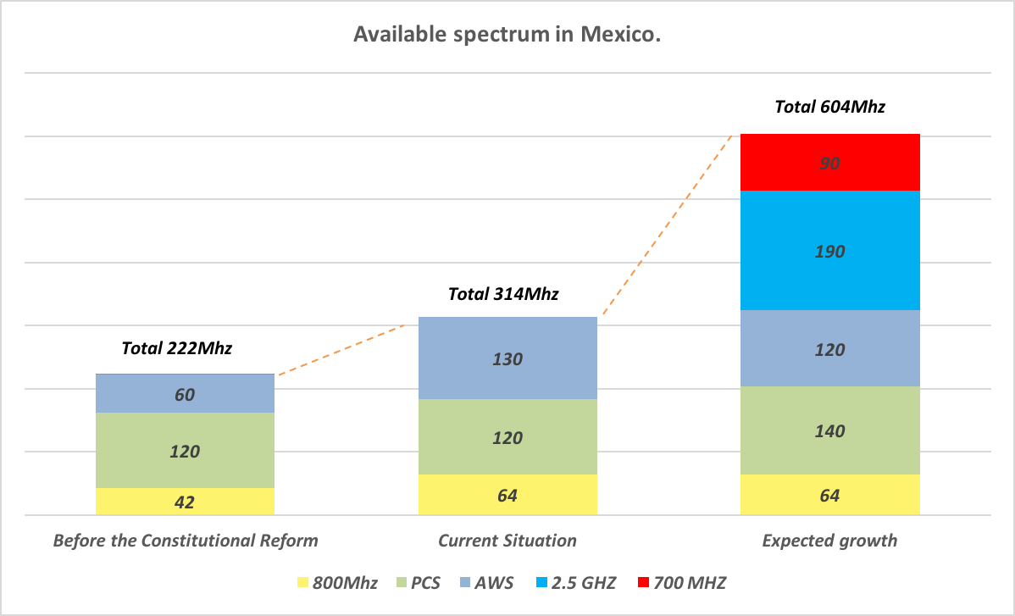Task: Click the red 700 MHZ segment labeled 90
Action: click(829, 163)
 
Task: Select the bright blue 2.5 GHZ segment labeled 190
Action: click(829, 251)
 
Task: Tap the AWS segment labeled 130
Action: click(508, 358)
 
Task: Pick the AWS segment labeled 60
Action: click(185, 394)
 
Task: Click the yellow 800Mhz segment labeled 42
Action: click(185, 502)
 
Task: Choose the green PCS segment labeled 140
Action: click(829, 430)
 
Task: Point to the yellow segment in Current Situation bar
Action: click(508, 495)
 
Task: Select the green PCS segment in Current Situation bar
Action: click(508, 437)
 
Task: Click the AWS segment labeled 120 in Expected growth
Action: click(829, 349)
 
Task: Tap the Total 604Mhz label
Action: click(829, 107)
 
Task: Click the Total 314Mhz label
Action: click(503, 294)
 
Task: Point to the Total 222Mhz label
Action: click(176, 347)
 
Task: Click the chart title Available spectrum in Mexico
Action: click(507, 35)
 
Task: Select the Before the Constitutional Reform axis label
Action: click(186, 541)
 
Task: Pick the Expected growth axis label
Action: click(829, 541)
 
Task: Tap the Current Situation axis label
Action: click(507, 541)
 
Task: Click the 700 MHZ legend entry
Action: click(683, 582)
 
